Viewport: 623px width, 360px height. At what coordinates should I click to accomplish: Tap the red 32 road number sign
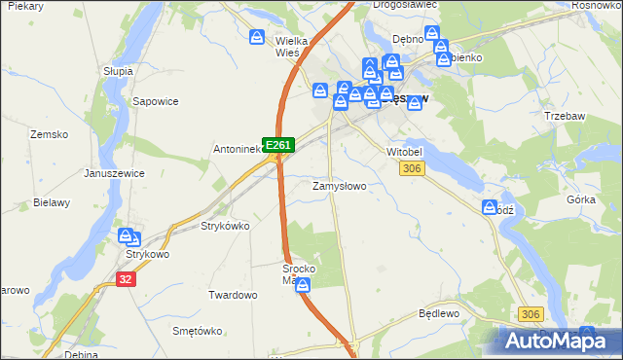pyautogui.click(x=125, y=278)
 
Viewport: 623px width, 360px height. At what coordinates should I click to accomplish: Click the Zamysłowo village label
pyautogui.click(x=339, y=186)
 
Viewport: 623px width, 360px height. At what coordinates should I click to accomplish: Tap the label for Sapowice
pyautogui.click(x=154, y=100)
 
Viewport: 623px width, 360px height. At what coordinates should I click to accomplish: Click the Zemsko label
pyautogui.click(x=48, y=134)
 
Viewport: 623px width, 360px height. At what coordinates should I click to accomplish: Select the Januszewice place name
pyautogui.click(x=113, y=173)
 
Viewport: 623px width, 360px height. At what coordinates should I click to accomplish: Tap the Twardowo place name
pyautogui.click(x=233, y=295)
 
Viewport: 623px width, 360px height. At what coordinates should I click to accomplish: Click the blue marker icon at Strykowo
pyautogui.click(x=127, y=236)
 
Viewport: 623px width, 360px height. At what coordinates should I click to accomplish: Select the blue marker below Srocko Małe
pyautogui.click(x=304, y=285)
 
